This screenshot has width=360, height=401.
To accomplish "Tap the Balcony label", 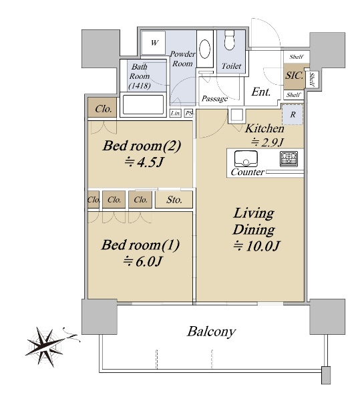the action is (211, 332).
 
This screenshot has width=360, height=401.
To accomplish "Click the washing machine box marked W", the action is (154, 43).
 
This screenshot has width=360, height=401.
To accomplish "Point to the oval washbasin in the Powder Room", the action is (204, 49).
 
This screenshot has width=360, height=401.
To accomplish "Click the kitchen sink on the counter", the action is (246, 158).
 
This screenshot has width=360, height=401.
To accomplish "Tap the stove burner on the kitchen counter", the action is (289, 158).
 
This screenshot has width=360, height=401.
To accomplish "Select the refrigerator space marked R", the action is (293, 114).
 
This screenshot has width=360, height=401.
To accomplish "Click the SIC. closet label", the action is (294, 76).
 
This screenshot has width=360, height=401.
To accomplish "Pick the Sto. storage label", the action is (174, 200).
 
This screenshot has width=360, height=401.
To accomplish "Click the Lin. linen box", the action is (176, 113).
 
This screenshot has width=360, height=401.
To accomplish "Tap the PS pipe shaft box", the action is (188, 113).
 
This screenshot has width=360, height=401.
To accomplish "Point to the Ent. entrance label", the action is (261, 92).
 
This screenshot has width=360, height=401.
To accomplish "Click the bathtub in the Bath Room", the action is (143, 105).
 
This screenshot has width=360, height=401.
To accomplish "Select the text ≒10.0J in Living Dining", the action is (256, 246).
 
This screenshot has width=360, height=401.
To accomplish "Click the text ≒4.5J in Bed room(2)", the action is (144, 162).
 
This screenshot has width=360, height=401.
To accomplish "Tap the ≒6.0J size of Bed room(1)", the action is (142, 261).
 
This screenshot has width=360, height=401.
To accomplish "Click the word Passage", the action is (214, 99).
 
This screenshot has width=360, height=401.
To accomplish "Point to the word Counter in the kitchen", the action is (247, 172).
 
